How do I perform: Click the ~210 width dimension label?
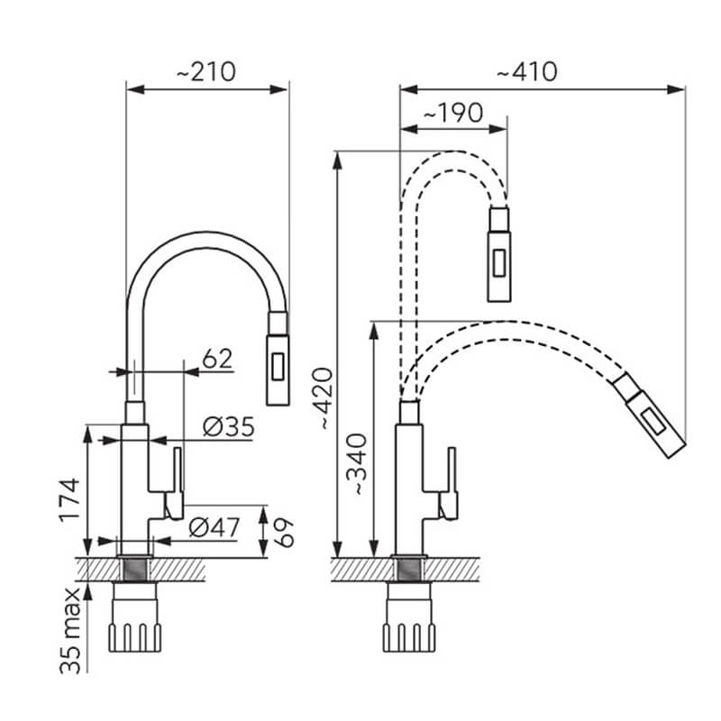point(206,72)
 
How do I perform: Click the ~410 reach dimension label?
point(527,72)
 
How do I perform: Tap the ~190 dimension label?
point(453,114)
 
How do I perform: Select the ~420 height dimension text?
point(322,398)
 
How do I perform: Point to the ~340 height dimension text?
point(357,464)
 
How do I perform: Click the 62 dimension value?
point(217,359)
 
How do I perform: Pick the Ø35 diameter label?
point(229,427)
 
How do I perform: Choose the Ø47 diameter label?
point(214,527)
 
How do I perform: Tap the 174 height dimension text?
point(70,500)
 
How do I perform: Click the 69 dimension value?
point(284,533)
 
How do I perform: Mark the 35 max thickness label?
point(70,631)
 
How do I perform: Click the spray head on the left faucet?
point(278,359)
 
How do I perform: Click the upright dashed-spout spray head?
point(499,255)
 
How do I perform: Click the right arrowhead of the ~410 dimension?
point(676,89)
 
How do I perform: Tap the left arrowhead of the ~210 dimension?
point(136,89)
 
